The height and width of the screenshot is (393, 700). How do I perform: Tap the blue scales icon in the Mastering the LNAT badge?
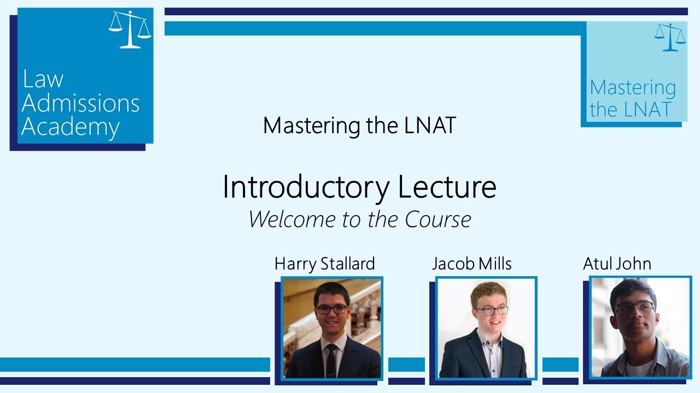tap(669, 37)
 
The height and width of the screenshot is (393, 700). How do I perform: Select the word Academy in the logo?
tap(71, 127)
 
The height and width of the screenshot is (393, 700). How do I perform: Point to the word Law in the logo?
tap(43, 80)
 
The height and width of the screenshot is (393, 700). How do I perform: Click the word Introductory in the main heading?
tap(306, 187)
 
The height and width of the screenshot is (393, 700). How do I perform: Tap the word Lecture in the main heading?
tap(447, 187)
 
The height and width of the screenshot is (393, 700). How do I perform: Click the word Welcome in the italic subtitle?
tap(288, 219)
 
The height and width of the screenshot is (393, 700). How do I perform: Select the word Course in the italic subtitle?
tap(438, 219)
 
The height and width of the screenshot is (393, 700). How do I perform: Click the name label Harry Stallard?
tap(324, 264)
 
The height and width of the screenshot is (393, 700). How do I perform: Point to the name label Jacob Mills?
tap(471, 264)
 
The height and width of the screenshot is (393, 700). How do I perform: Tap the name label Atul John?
tap(617, 264)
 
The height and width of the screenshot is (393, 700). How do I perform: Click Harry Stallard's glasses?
tap(331, 309)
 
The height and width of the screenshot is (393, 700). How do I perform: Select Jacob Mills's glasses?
tap(491, 310)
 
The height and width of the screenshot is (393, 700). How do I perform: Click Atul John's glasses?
tap(634, 307)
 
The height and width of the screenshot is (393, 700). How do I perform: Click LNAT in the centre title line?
tap(430, 126)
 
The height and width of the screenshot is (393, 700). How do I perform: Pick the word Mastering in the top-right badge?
tap(633, 87)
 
